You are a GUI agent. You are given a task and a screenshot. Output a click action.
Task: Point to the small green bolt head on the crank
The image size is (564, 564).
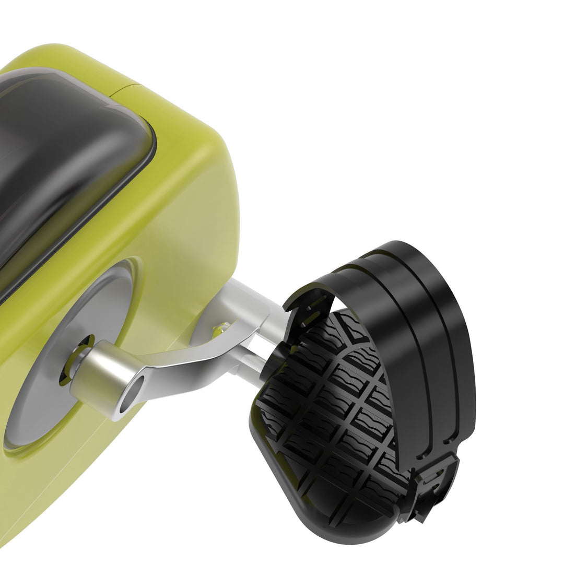tap(221, 328)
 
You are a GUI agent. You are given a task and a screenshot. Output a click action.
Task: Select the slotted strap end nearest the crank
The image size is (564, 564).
tap(308, 308)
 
